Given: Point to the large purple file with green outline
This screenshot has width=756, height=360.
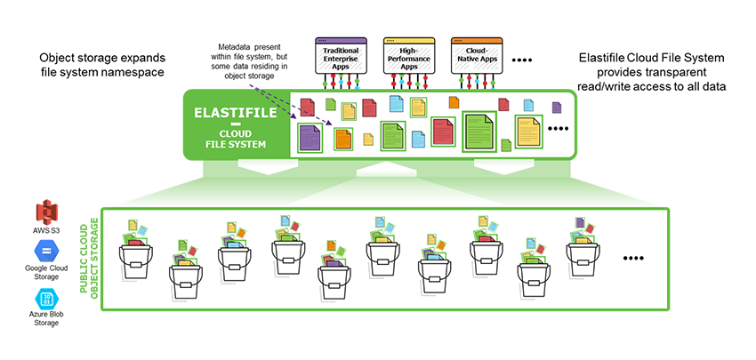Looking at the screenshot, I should click(x=310, y=140).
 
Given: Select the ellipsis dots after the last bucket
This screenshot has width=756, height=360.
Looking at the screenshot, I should click(x=632, y=259).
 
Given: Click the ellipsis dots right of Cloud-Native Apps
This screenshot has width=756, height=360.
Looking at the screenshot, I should click(x=522, y=60).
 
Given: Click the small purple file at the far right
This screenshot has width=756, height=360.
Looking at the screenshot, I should click(x=557, y=108).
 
